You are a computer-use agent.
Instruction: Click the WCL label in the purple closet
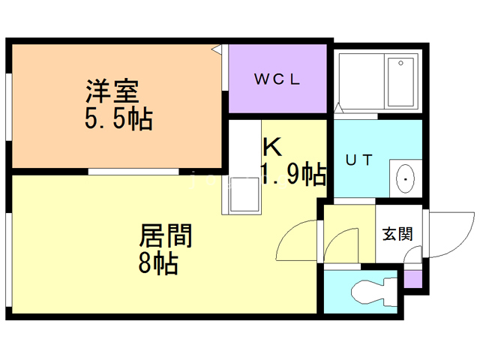[277, 79]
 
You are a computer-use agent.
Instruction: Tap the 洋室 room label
[110, 93]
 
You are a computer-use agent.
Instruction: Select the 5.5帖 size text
[118, 118]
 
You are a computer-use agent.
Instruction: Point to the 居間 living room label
[166, 236]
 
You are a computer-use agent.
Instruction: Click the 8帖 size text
[158, 262]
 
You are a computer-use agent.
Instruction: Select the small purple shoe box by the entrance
[412, 277]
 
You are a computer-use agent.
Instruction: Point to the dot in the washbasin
[406, 179]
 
